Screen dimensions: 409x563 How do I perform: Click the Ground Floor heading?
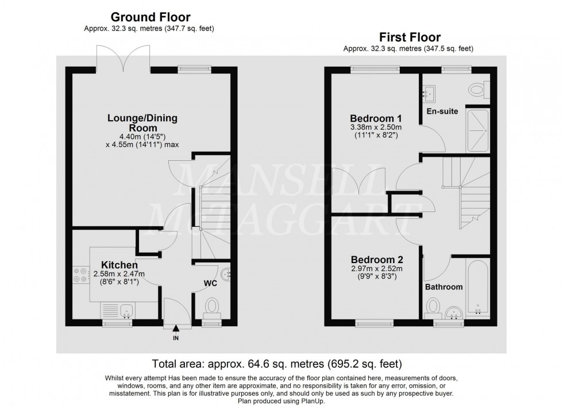[x=150, y=17]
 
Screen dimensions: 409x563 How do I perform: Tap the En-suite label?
[x=443, y=111]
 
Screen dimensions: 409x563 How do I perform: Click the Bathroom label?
[x=444, y=286]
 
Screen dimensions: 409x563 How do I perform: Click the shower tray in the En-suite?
[x=477, y=130]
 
